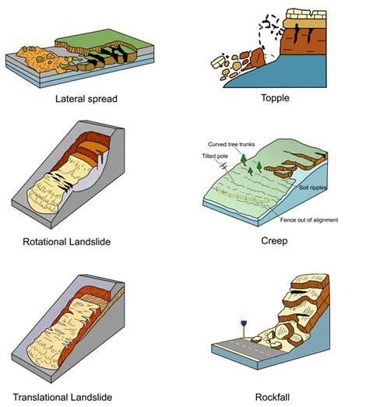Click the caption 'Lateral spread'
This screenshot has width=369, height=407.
(x=86, y=99)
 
